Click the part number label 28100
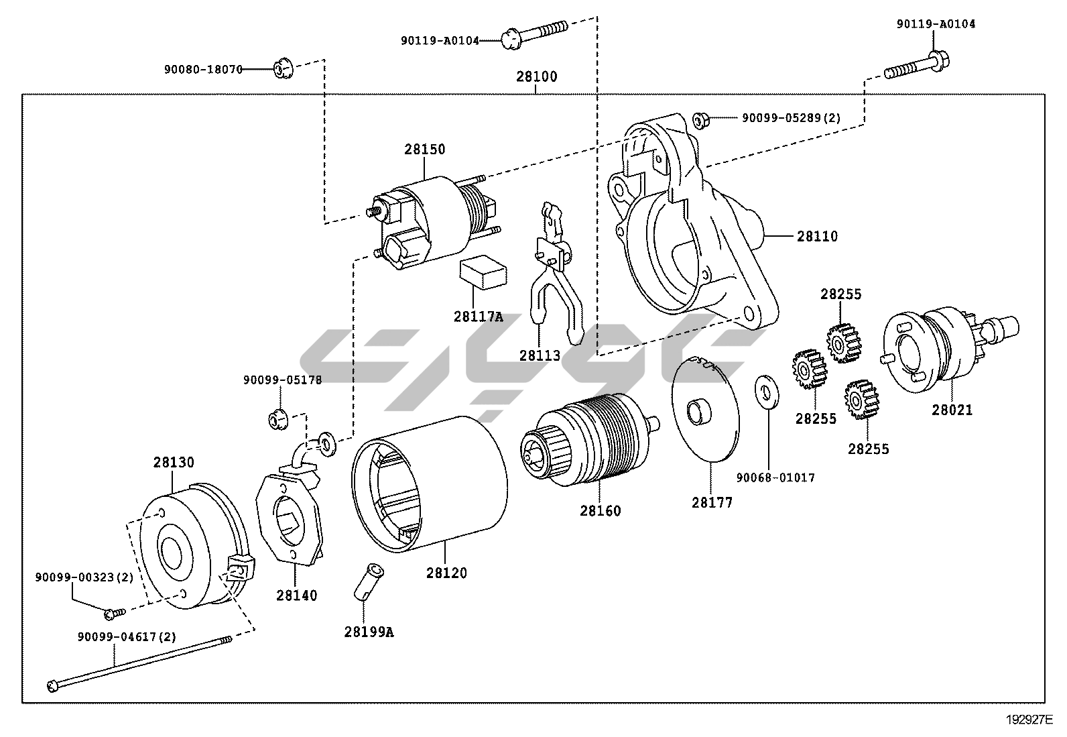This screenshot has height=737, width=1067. (x=536, y=76)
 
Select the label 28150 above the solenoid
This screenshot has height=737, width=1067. (x=424, y=149)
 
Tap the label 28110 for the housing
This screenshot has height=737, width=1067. (x=817, y=236)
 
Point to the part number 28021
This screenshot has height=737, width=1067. (x=952, y=410)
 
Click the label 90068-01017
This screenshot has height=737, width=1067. (x=775, y=477)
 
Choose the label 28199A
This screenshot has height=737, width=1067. (x=369, y=631)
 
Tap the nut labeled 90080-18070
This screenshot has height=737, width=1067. (x=281, y=68)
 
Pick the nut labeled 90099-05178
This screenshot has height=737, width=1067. (x=277, y=419)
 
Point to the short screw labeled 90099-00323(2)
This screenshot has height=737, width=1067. (x=113, y=612)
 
